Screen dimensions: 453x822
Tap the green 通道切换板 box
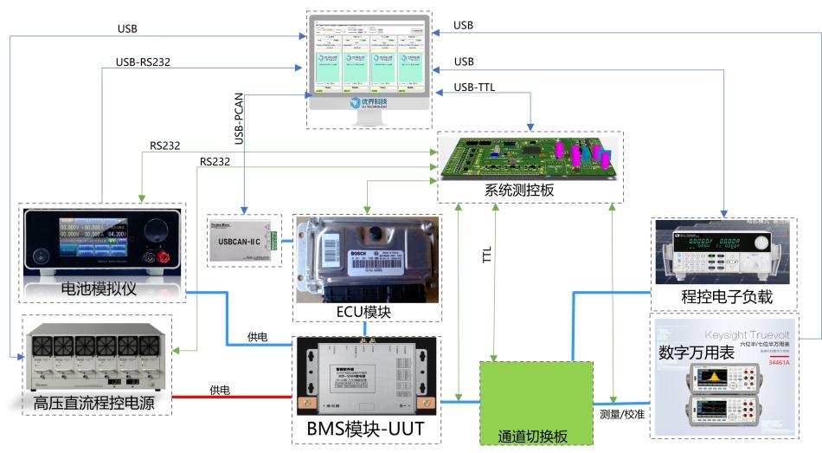(536, 403)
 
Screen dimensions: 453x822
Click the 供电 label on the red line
(220, 390)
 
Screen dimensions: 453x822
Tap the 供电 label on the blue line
(258, 335)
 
